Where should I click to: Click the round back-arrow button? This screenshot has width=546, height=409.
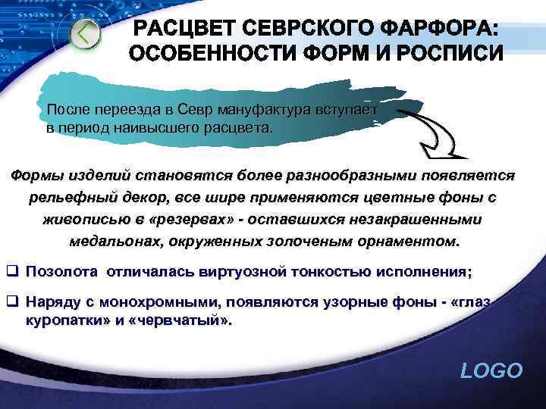(86, 34)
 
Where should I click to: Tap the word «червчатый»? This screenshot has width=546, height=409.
(181, 320)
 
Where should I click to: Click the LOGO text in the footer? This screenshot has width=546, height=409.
(491, 370)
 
